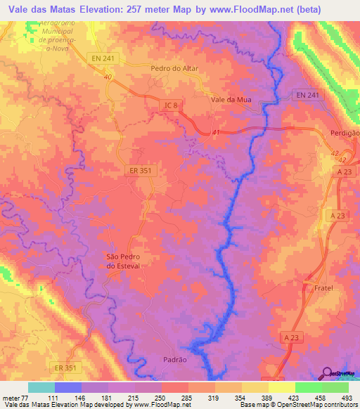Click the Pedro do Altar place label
point(175,69)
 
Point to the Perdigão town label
point(345,133)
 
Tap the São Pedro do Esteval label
point(123,261)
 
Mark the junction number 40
point(107,77)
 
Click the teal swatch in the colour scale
point(41,387)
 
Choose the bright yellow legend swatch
point(281,387)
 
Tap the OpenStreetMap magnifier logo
point(326,372)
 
